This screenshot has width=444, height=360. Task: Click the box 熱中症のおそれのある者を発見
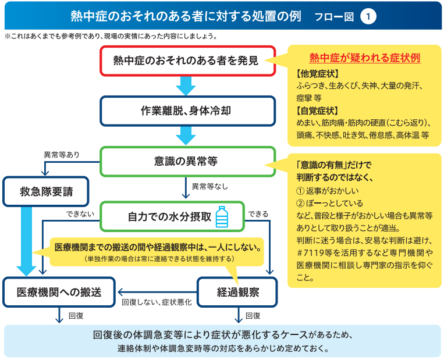point(188,61)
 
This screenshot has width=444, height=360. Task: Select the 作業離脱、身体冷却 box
point(188,111)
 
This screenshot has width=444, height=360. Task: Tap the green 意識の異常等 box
point(188,161)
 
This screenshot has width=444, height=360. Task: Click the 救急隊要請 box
point(46,191)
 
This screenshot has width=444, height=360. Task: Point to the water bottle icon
point(222,217)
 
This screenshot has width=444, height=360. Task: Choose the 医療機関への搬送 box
point(59,292)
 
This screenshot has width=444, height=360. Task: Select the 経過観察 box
point(237,292)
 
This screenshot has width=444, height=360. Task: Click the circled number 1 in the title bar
point(368,16)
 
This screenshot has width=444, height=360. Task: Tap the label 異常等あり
point(62,155)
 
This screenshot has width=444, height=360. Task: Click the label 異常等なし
point(210,186)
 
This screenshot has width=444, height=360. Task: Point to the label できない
point(80,214)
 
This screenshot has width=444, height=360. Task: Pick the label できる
point(258,214)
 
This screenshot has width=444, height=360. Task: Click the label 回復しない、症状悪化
point(157,302)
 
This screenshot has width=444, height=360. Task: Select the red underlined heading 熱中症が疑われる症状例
point(365,58)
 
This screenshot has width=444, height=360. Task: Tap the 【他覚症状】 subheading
point(317,74)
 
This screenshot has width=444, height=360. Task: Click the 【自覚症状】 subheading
point(317,111)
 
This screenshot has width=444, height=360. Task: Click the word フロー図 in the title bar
point(334,17)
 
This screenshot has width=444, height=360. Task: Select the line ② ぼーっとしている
point(329,203)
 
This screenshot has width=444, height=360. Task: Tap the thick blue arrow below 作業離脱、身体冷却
point(186,136)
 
